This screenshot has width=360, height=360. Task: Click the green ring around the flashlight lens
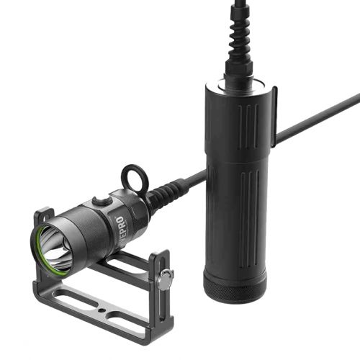pos(37,248)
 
